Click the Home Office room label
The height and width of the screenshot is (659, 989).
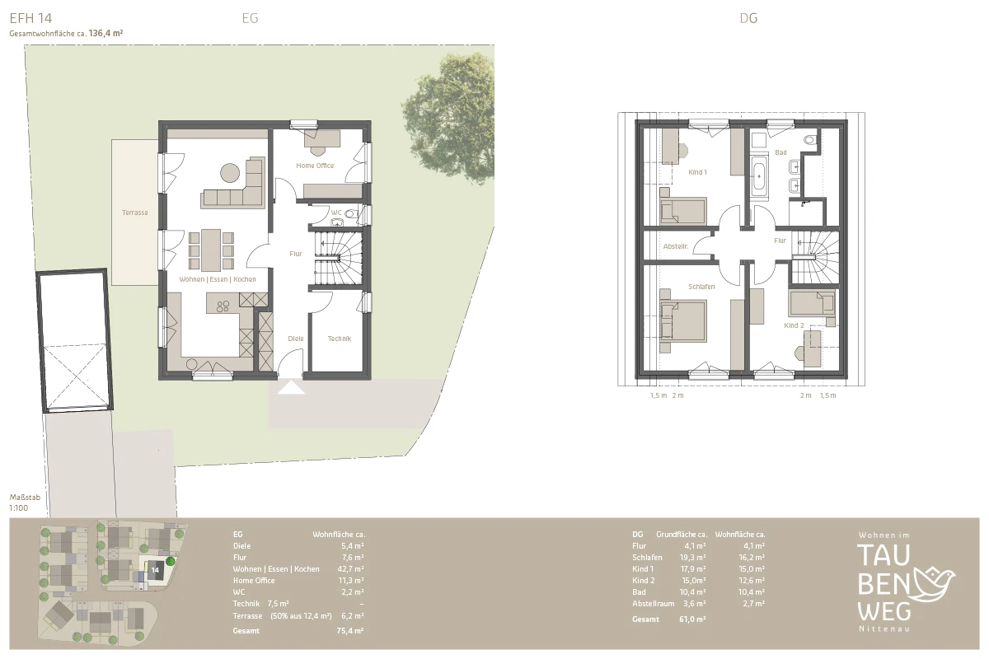pyautogui.click(x=315, y=166)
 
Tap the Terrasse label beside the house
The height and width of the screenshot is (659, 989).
pyautogui.click(x=134, y=213)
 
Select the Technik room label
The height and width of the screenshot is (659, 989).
pyautogui.click(x=339, y=339)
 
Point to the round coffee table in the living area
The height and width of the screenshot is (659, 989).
pyautogui.click(x=230, y=173)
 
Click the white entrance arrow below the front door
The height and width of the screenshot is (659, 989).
pyautogui.click(x=291, y=388)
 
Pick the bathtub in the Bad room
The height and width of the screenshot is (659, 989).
pyautogui.click(x=759, y=176)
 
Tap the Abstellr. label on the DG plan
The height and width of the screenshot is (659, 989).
pyautogui.click(x=676, y=246)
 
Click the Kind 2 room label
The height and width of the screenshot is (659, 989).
pyautogui.click(x=794, y=325)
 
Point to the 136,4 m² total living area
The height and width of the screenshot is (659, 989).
pyautogui.click(x=105, y=33)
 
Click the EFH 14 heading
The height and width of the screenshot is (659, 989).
pyautogui.click(x=31, y=18)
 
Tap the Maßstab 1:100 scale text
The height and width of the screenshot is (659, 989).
pyautogui.click(x=25, y=502)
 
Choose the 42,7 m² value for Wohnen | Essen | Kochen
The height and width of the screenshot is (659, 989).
pyautogui.click(x=350, y=569)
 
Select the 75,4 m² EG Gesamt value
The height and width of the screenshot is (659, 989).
pyautogui.click(x=350, y=631)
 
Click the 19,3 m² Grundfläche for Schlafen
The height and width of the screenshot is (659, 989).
pyautogui.click(x=692, y=558)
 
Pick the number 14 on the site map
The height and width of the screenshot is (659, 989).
pyautogui.click(x=155, y=570)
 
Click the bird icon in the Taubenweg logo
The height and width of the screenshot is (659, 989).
pyautogui.click(x=934, y=583)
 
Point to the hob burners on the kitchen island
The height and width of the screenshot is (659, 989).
pyautogui.click(x=223, y=306)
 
